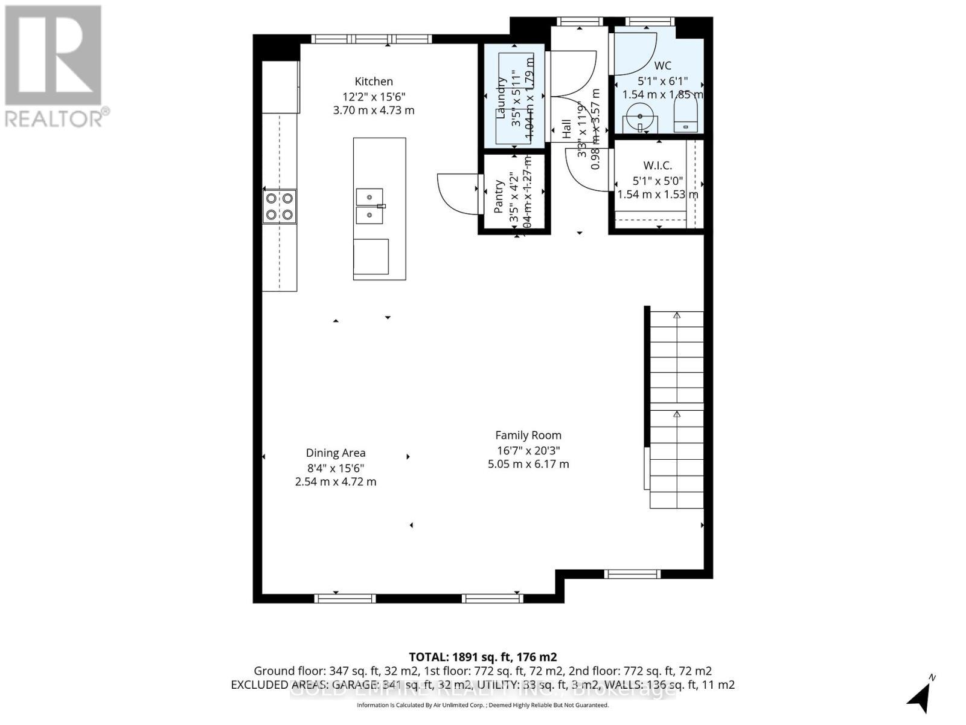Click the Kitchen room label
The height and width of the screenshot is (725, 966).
tap(374, 82)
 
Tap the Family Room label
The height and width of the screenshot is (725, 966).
tap(528, 435)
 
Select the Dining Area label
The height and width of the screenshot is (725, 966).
tap(336, 453)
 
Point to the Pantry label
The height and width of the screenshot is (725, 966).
tap(499, 196)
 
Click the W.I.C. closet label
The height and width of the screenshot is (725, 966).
tap(657, 165)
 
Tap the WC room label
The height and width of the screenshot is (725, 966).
tap(662, 66)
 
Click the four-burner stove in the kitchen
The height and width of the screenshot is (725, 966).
tap(280, 205)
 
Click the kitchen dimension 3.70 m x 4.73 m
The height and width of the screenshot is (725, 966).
tap(374, 111)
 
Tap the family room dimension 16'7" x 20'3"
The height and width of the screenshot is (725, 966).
tap(528, 450)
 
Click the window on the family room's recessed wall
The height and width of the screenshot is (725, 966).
tap(632, 574)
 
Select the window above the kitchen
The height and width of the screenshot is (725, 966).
tap(371, 39)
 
